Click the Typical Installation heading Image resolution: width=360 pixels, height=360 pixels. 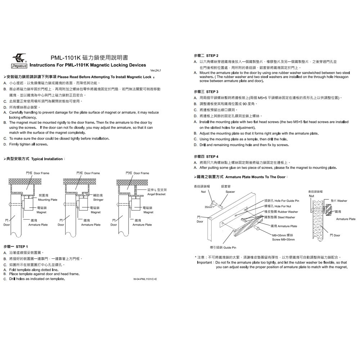tap(47, 159)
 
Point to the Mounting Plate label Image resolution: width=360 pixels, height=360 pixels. tap(48, 199)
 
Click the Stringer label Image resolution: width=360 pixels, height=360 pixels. tap(98, 199)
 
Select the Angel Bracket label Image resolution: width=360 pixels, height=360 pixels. tap(156, 194)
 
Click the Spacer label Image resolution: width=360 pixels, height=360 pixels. tap(230, 192)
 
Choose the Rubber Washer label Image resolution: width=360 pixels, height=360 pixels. tap(288, 212)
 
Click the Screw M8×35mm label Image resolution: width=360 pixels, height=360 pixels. tap(283, 239)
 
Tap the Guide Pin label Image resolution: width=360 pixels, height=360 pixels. tap(230, 248)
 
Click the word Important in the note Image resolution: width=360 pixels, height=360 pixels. tap(205, 262)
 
